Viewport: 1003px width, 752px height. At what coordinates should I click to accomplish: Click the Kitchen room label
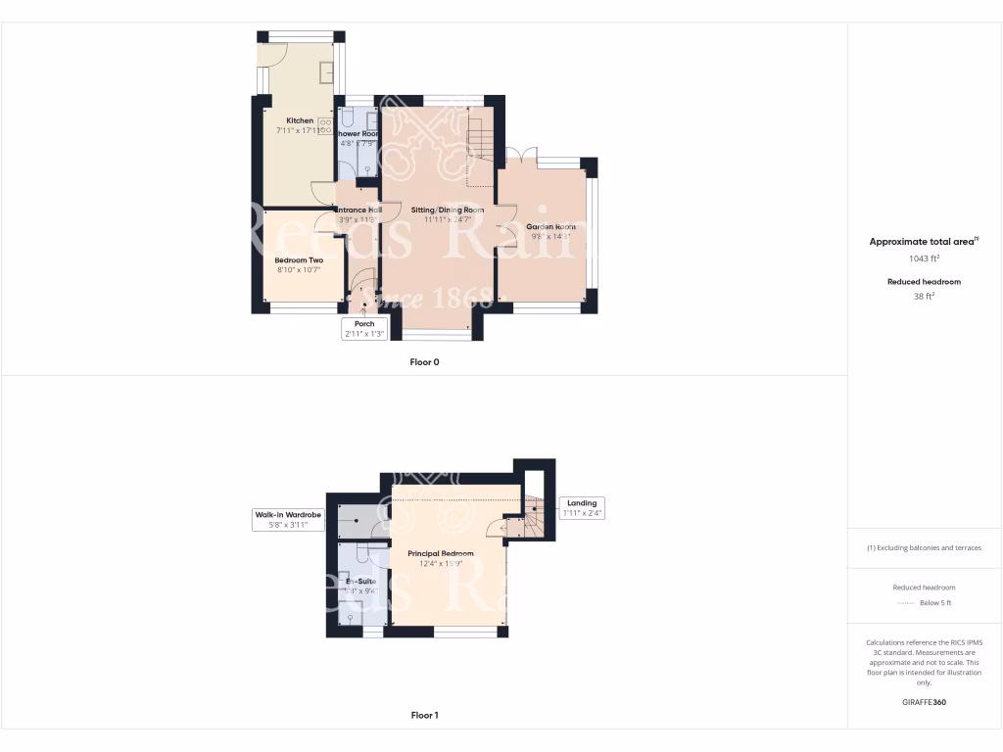[x=300, y=121]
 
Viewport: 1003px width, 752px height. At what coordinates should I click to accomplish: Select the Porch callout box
[x=364, y=329]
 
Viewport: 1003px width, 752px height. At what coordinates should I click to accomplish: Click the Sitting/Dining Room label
[x=448, y=211]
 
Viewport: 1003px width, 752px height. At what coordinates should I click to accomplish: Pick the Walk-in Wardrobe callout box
[x=288, y=520]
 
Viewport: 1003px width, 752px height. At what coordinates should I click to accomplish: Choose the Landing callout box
[x=582, y=508]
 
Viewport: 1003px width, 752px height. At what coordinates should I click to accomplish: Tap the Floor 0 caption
[x=424, y=362]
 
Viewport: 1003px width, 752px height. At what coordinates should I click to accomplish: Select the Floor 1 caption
[x=424, y=716]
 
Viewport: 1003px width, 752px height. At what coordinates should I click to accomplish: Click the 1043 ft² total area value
[x=925, y=258]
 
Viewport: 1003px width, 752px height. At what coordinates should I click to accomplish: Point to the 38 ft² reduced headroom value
[x=925, y=296]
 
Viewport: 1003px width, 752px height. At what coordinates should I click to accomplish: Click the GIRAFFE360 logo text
[x=925, y=702]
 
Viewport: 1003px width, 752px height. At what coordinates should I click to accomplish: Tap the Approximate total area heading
[x=925, y=241]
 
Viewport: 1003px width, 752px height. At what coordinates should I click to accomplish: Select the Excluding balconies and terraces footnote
[x=925, y=547]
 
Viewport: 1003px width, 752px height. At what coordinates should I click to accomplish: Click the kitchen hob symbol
[x=324, y=126]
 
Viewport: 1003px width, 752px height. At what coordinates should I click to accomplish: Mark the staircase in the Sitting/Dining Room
[x=480, y=147]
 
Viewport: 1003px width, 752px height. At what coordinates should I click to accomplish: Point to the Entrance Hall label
[x=358, y=211]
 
